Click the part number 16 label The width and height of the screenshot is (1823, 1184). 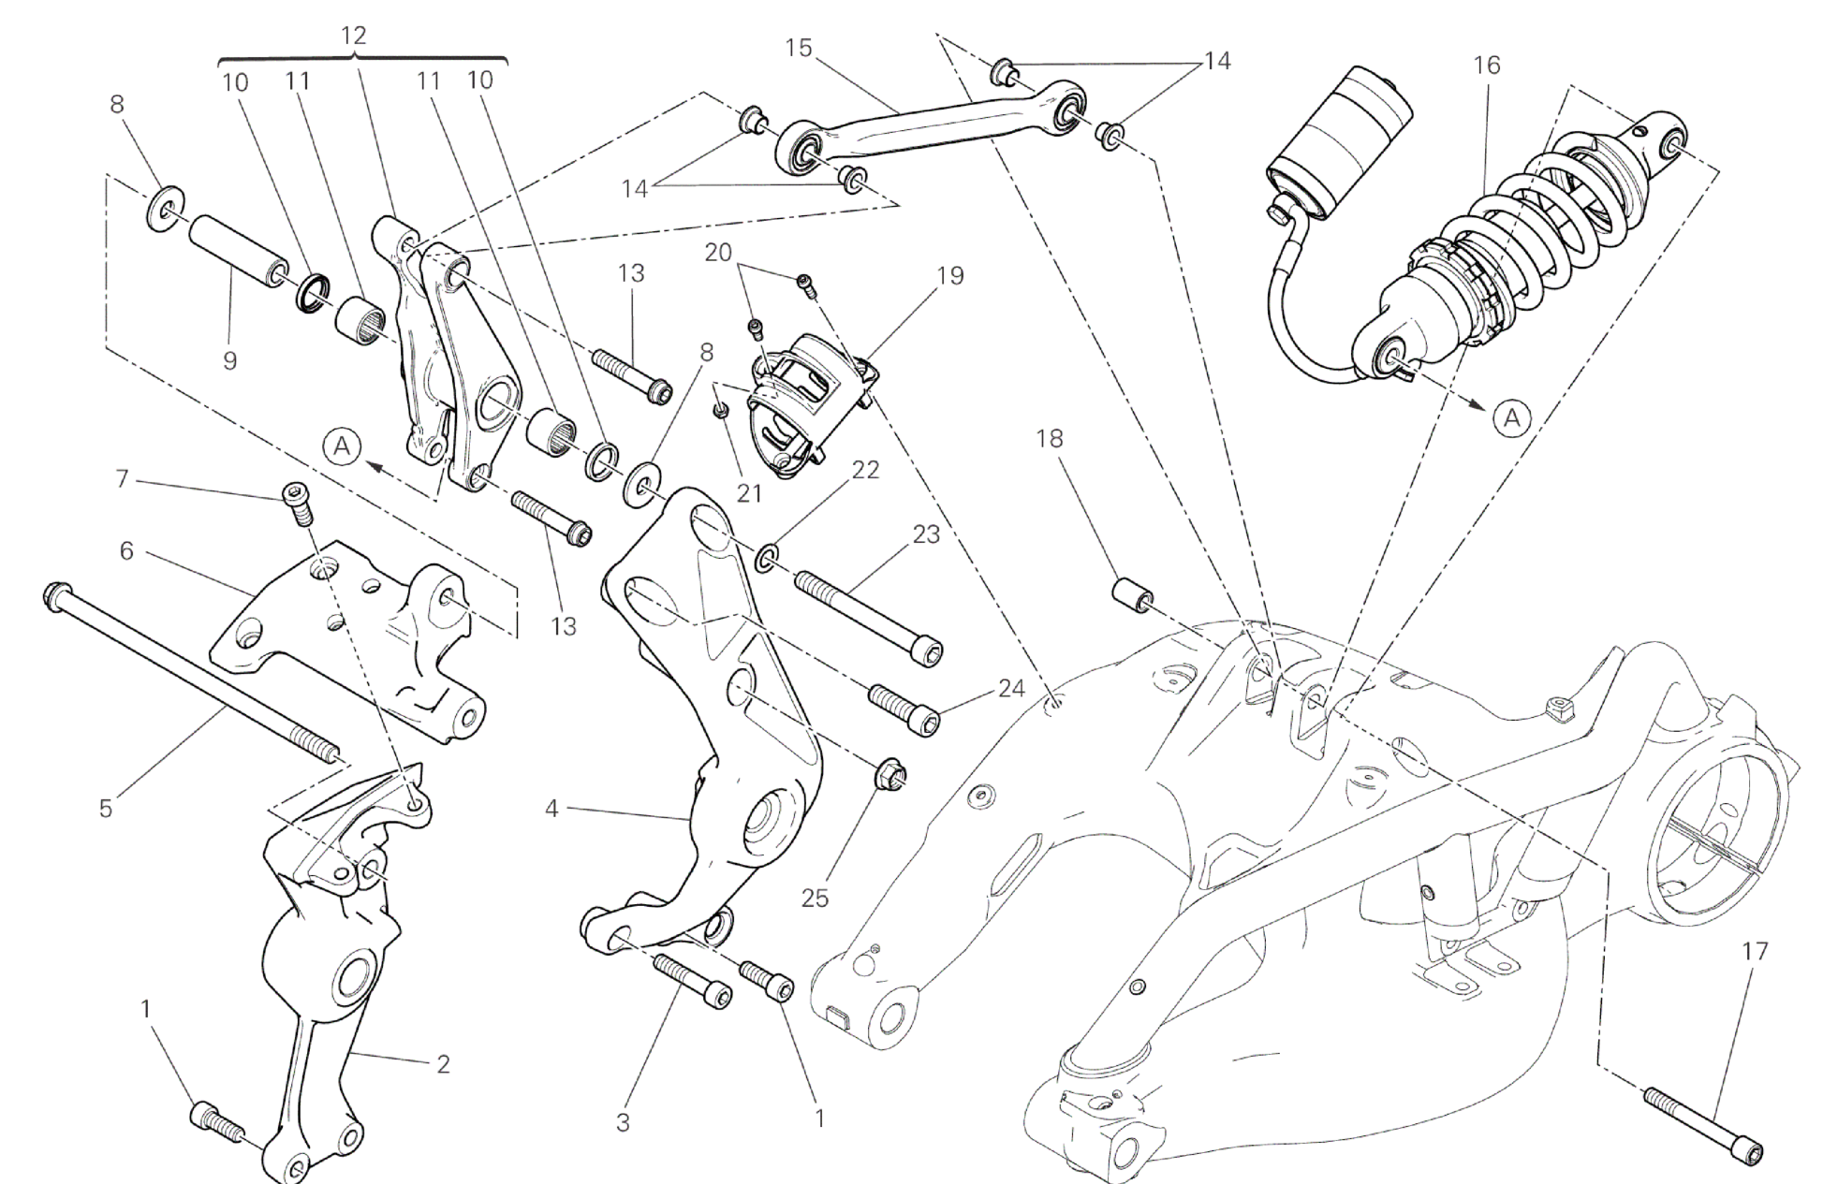point(1486,65)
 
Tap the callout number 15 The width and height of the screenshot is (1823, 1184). point(799,48)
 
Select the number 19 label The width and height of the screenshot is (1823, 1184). point(950,276)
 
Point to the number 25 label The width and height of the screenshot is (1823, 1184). point(815,898)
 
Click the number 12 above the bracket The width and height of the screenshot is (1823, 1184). point(353,36)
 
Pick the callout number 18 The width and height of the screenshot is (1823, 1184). point(1050,438)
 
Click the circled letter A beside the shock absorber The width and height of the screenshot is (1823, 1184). point(1512,418)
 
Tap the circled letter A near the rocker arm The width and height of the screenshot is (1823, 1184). point(344,446)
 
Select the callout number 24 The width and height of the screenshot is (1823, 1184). point(1011,689)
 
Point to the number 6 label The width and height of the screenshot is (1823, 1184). point(126,551)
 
